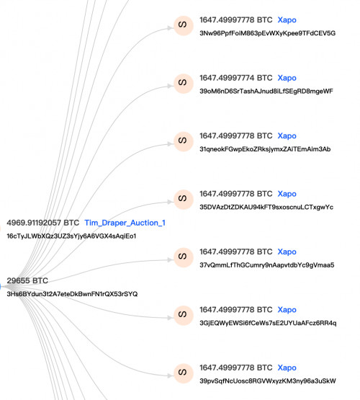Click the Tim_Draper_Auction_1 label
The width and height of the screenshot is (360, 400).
tap(125, 223)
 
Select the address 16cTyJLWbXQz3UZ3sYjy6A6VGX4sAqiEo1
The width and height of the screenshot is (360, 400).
tap(71, 236)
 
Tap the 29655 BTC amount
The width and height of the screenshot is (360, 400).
tap(27, 280)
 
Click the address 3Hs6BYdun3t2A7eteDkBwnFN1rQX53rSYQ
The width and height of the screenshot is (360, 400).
tap(72, 294)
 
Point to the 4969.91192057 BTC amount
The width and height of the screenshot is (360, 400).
tap(43, 223)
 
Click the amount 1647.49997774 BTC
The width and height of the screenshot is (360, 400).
tap(236, 78)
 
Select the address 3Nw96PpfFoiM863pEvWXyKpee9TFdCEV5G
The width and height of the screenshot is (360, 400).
tap(268, 33)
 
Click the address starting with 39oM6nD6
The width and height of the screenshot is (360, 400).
tap(266, 91)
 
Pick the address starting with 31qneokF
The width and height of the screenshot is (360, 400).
tap(265, 149)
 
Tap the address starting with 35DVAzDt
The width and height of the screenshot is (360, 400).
tap(266, 207)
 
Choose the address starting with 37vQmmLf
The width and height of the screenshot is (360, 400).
tap(266, 265)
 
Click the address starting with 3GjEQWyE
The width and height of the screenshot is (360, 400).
tap(268, 323)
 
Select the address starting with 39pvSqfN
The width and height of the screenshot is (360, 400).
tap(268, 381)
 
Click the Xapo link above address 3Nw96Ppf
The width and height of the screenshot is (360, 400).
tap(287, 20)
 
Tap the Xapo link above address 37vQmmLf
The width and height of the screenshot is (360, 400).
tap(287, 252)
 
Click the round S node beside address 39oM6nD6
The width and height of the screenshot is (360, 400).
tap(183, 84)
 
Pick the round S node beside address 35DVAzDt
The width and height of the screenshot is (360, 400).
tap(183, 200)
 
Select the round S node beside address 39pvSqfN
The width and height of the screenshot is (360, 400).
tap(183, 373)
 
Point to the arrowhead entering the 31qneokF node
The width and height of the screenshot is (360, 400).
tap(170, 144)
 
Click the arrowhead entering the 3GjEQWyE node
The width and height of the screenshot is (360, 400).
tap(170, 318)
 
